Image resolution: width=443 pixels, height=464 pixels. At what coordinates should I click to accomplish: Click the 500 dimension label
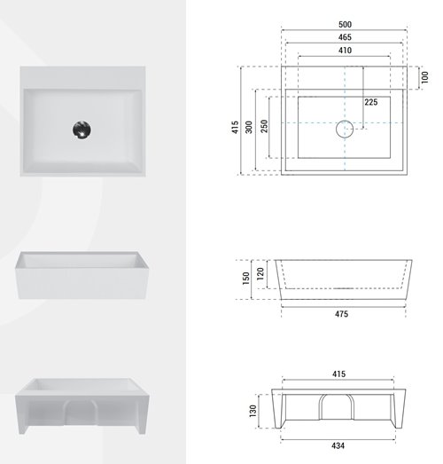coord(345,24)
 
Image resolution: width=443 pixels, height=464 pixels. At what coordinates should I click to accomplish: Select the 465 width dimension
coord(345,37)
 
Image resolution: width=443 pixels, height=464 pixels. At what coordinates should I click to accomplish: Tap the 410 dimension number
coord(345,51)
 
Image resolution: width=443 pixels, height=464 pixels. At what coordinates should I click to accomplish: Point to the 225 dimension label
coord(371,102)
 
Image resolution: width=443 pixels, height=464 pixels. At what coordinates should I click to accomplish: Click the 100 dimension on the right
coord(424,77)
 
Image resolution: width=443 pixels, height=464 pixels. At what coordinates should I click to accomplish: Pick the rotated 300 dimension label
coord(249,127)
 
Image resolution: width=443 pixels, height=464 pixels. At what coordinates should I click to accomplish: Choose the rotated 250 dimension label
coord(264,126)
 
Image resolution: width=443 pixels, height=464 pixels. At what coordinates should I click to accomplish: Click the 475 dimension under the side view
coord(341,314)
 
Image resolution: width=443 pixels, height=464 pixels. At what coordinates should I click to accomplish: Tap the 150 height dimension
coord(246,279)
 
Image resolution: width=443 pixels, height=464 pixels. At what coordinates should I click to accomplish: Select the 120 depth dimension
coord(260,274)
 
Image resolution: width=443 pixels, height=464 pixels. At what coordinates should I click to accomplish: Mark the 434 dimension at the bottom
coord(338,445)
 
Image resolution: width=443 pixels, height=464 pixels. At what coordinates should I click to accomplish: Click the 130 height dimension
coord(253,411)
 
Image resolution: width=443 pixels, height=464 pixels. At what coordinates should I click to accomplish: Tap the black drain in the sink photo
coord(82,130)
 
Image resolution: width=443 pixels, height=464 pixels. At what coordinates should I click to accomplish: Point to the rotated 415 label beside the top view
coord(235,127)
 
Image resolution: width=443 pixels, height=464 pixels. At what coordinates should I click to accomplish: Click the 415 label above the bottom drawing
coord(338,374)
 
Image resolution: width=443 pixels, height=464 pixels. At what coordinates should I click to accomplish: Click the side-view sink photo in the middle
coord(82,275)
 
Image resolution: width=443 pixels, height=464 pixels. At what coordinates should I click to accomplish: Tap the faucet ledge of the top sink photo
coord(82,77)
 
